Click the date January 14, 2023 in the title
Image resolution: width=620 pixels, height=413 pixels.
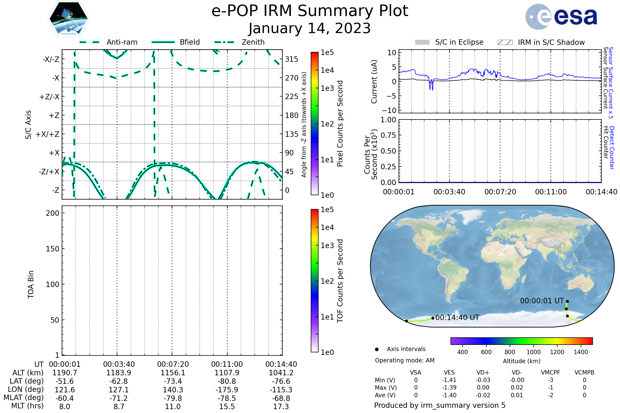click(x=310, y=28)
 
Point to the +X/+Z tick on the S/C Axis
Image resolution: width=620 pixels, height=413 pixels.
click(x=48, y=134)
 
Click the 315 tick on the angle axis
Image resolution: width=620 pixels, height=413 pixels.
click(x=292, y=59)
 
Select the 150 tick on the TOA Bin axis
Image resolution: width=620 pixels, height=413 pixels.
click(x=52, y=249)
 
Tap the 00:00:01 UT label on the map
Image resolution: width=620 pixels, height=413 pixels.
click(x=542, y=301)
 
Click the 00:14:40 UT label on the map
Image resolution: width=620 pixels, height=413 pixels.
click(x=457, y=318)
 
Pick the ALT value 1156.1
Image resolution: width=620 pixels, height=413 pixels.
click(x=173, y=373)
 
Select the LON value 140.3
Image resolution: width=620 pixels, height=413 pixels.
click(x=173, y=390)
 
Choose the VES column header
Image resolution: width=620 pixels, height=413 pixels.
click(x=449, y=373)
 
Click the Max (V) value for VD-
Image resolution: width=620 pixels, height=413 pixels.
click(x=517, y=388)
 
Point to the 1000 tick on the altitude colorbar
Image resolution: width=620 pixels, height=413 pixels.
click(x=533, y=352)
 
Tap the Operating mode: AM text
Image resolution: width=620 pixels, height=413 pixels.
click(x=405, y=360)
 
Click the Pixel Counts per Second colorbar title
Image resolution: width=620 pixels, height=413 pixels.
click(x=340, y=124)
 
